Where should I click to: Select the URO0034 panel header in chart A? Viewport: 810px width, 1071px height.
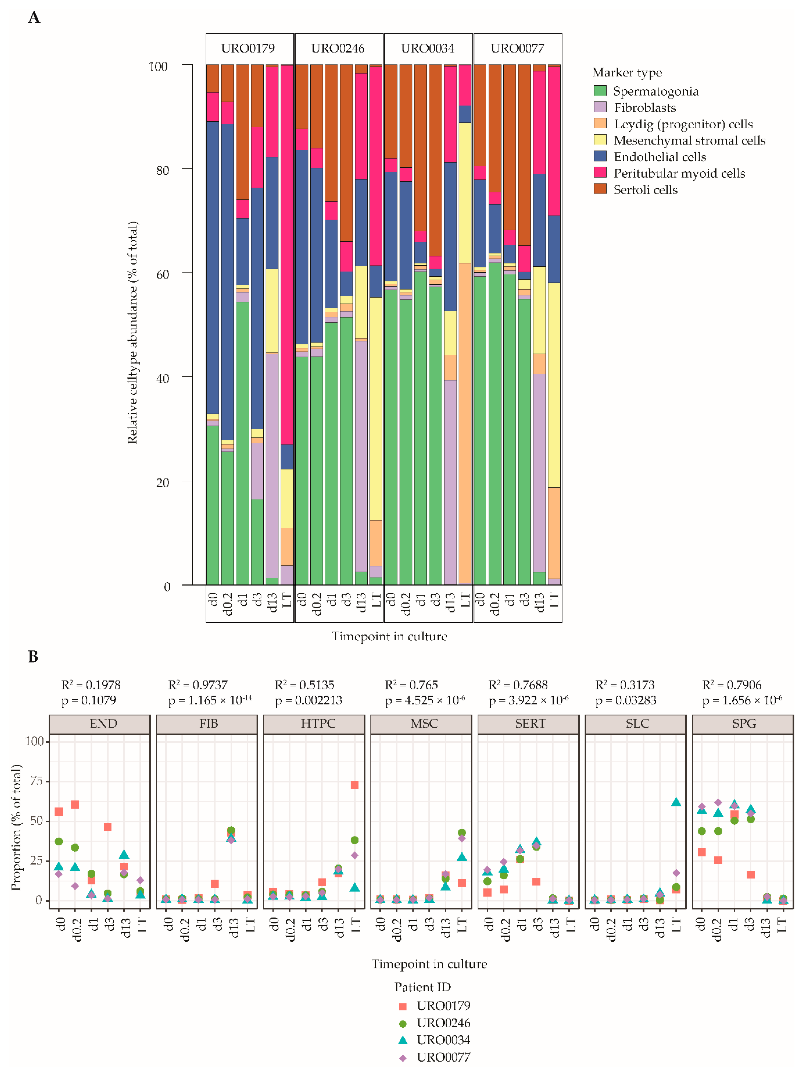428,48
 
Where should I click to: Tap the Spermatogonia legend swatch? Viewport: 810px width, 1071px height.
600,91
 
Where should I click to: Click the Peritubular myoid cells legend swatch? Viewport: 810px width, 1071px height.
600,172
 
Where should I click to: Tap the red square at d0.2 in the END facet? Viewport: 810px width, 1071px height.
75,804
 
